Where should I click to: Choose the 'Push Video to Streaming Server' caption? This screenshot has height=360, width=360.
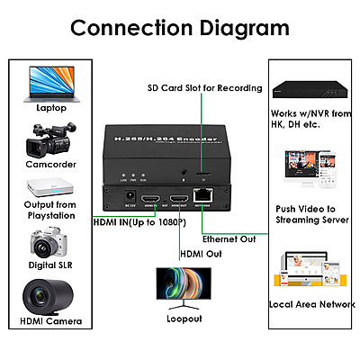tap(311, 212)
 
